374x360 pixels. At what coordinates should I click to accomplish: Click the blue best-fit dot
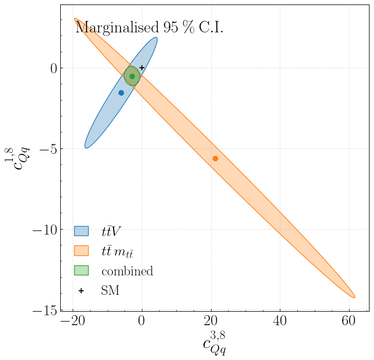click(x=121, y=93)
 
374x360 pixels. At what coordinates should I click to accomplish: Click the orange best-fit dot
click(x=215, y=158)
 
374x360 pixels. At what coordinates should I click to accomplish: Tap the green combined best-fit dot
click(x=132, y=76)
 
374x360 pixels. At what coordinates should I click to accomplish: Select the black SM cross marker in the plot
click(x=142, y=68)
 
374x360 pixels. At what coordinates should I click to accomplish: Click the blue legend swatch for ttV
click(x=81, y=231)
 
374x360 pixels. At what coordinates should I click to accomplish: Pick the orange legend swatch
click(x=81, y=251)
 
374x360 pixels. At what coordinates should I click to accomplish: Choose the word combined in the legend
click(x=127, y=271)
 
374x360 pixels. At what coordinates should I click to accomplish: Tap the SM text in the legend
click(x=110, y=291)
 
